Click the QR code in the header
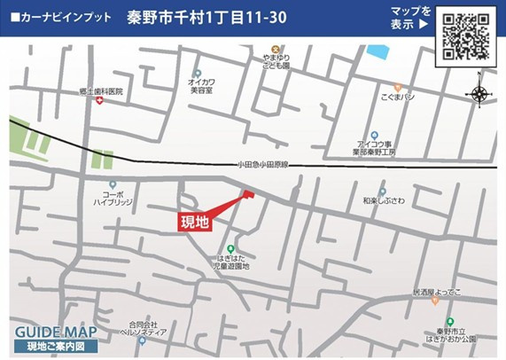pos(466,36)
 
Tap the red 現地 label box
pos(195,222)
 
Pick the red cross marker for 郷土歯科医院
pos(100,101)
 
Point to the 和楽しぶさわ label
pos(383,202)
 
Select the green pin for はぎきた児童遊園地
pos(230,249)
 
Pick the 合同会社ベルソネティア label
pos(143,328)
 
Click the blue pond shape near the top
pos(378,51)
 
